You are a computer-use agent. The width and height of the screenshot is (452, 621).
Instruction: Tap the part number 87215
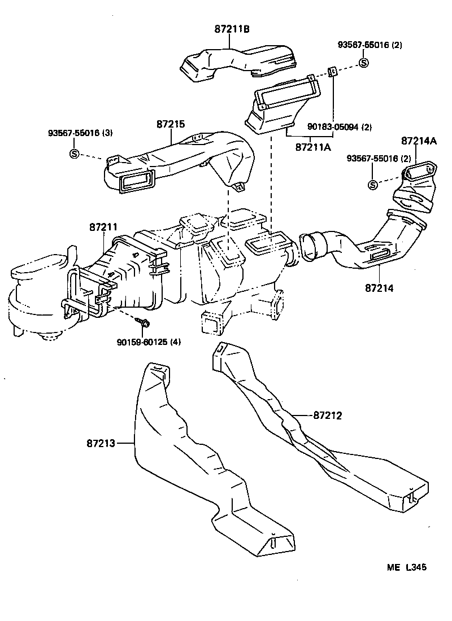(171, 124)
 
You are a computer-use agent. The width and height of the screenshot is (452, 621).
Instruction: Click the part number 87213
(101, 444)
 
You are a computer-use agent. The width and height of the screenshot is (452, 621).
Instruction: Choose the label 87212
(328, 416)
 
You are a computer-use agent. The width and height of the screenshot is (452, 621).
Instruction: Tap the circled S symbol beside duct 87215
(74, 154)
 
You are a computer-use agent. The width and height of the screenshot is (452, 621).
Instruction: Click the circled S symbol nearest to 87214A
(372, 185)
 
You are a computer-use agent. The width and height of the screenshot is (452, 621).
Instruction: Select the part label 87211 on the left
(103, 227)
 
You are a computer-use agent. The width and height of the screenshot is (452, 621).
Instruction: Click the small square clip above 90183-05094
(333, 72)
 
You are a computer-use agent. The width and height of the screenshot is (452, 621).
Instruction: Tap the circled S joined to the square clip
(364, 63)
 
